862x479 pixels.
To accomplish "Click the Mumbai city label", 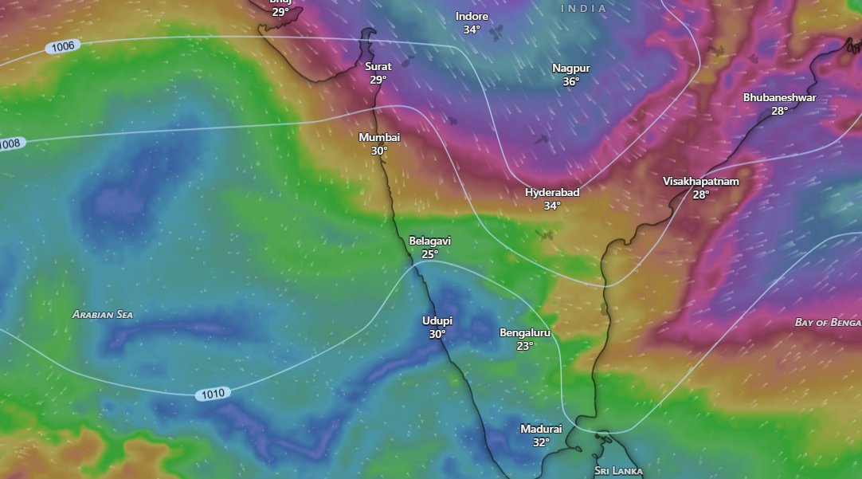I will [x=379, y=137].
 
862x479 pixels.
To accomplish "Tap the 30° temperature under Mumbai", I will [x=379, y=151].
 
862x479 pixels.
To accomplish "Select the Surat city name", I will [x=378, y=67].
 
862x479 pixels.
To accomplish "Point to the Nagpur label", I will [x=571, y=68].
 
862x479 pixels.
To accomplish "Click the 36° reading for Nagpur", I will [x=571, y=81].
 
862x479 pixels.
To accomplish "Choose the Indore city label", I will [x=472, y=17].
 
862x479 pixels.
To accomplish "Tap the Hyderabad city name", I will [x=552, y=192].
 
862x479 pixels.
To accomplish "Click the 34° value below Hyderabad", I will [x=552, y=206].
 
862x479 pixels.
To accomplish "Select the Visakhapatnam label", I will [x=701, y=181].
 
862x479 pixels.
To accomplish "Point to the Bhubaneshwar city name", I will [x=779, y=97].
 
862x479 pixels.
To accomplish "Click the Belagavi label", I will [x=430, y=241].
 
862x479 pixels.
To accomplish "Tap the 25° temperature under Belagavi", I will [x=430, y=254].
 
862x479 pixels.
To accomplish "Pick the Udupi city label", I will [x=437, y=320].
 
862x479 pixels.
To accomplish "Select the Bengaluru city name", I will [x=524, y=332].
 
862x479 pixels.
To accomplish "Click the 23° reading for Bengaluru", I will [x=524, y=346].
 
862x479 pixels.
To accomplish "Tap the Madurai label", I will [x=541, y=429].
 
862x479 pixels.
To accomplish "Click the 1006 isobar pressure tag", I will [x=62, y=46].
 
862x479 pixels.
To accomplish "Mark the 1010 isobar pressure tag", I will [x=214, y=393].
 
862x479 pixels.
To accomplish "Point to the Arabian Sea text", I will [x=103, y=314].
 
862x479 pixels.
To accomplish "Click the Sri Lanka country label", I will [x=618, y=470].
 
